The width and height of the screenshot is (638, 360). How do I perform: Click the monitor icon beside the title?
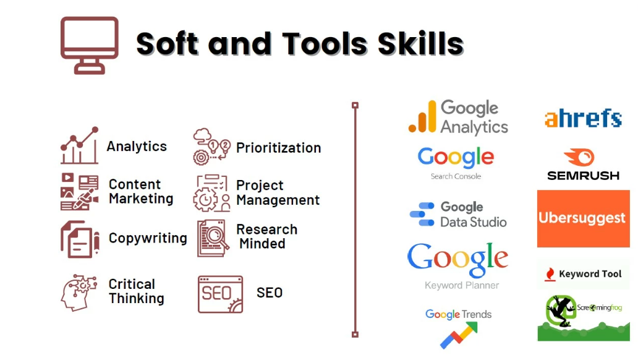[90, 45]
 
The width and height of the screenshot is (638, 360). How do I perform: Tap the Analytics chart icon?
[79, 146]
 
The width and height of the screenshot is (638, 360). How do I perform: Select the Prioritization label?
[278, 148]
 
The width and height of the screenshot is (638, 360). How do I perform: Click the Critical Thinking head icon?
[79, 292]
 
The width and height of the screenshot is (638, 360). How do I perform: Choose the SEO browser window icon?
[220, 294]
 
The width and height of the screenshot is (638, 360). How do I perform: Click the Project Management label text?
[278, 192]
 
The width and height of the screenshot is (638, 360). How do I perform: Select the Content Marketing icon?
[80, 192]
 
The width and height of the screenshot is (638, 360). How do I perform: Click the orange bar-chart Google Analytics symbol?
[422, 118]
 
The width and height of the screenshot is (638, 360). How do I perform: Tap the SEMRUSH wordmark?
[583, 175]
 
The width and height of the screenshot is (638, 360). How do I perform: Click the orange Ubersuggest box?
[583, 218]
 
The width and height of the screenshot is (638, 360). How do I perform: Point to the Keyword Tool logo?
[583, 274]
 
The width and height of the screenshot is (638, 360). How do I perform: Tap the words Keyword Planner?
[461, 285]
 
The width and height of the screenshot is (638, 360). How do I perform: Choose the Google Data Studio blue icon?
[422, 215]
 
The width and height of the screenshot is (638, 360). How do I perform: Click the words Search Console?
[456, 176]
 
